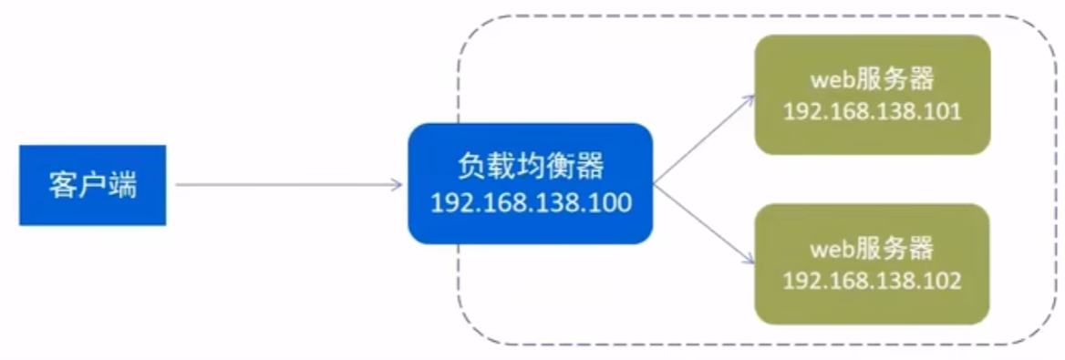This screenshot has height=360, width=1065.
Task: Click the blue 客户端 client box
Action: pyautogui.click(x=92, y=184)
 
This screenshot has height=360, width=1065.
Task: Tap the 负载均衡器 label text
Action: pyautogui.click(x=530, y=167)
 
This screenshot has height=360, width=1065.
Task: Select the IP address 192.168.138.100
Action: pyautogui.click(x=530, y=202)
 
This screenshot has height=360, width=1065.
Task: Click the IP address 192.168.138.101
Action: pyautogui.click(x=872, y=111)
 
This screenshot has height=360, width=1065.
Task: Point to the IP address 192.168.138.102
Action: pyautogui.click(x=872, y=280)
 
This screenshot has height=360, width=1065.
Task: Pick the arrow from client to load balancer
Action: pyautogui.click(x=286, y=184)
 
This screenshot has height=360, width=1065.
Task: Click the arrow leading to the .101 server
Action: pyautogui.click(x=702, y=136)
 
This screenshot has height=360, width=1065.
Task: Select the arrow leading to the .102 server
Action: pyautogui.click(x=702, y=222)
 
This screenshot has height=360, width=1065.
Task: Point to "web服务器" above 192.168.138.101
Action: pyautogui.click(x=872, y=79)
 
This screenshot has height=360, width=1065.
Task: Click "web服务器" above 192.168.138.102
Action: pyautogui.click(x=872, y=248)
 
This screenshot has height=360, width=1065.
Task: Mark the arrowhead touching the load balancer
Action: pyautogui.click(x=396, y=184)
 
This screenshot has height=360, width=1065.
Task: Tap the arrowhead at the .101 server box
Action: pyautogui.click(x=748, y=95)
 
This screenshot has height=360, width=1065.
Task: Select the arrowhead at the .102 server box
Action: pyautogui.click(x=748, y=262)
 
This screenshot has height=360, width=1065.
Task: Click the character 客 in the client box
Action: pyautogui.click(x=63, y=185)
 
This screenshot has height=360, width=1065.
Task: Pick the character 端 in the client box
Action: pyautogui.click(x=122, y=185)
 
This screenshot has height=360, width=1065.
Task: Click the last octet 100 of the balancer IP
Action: pyautogui.click(x=613, y=202)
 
